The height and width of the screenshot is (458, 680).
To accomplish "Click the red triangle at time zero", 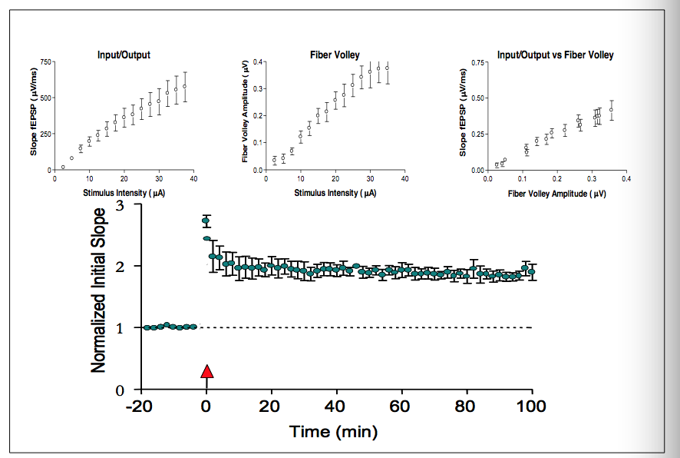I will [206, 371].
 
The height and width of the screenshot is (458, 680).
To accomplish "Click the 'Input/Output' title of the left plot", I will [124, 55].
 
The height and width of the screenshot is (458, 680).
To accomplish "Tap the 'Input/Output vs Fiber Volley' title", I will [555, 55].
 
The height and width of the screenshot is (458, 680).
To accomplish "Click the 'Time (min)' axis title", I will [333, 432].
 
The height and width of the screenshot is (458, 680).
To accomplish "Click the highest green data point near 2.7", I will [206, 221].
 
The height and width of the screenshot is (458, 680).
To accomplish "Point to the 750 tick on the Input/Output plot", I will [48, 61].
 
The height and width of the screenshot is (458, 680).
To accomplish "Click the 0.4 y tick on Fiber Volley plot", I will [259, 61].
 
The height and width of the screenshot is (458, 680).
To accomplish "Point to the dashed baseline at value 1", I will [368, 327].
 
